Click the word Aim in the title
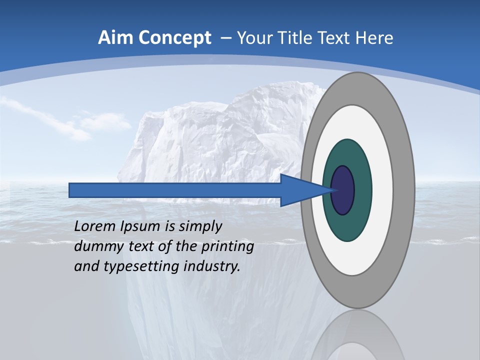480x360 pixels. pyautogui.click(x=115, y=38)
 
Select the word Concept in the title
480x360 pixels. pyautogui.click(x=174, y=38)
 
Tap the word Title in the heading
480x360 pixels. pyautogui.click(x=297, y=38)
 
